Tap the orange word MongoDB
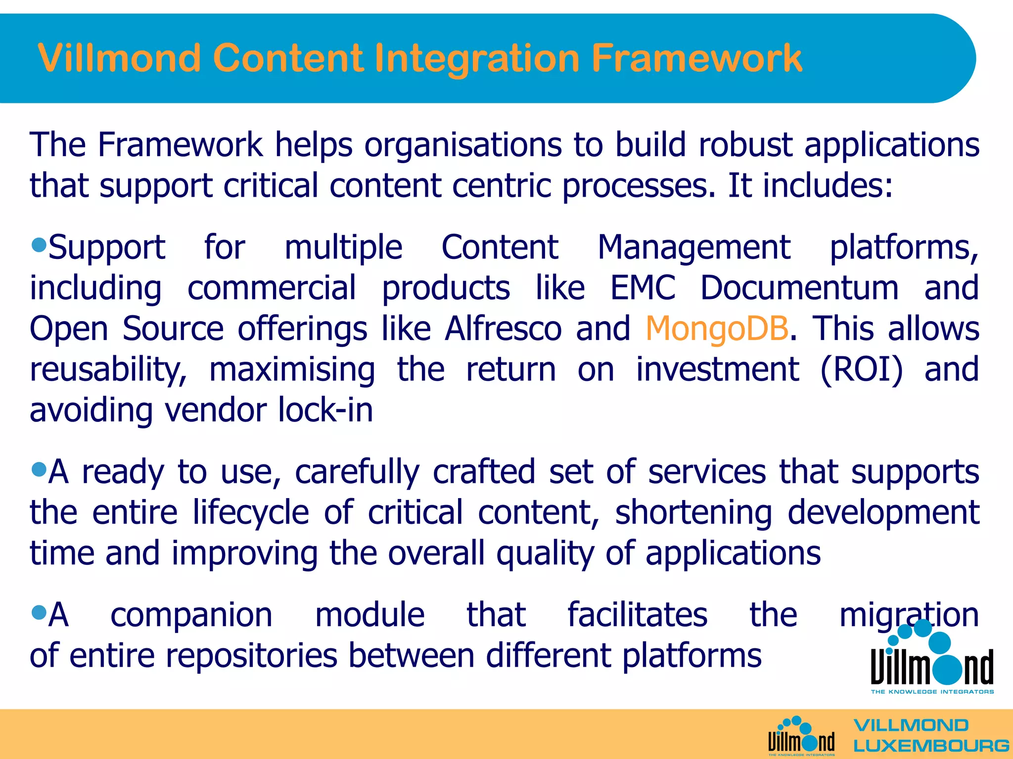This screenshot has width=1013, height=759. click(716, 329)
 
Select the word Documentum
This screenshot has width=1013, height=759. click(799, 288)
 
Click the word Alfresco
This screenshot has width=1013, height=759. click(503, 329)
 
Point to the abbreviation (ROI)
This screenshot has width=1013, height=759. click(861, 370)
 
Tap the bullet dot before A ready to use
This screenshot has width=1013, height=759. click(39, 468)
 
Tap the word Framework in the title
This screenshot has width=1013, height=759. click(696, 58)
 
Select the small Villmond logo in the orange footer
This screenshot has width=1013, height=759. click(801, 736)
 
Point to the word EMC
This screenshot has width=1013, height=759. click(642, 288)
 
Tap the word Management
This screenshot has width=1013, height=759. click(693, 248)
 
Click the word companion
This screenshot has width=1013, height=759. click(191, 616)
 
